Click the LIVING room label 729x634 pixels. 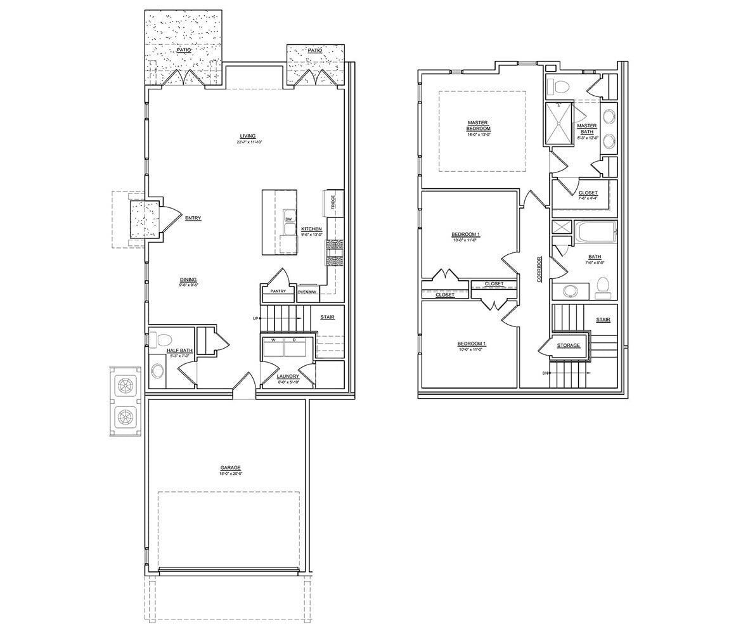(x=247, y=136)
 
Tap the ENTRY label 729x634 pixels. (x=193, y=219)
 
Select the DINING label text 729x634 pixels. (x=188, y=280)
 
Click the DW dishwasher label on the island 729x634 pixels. (x=288, y=219)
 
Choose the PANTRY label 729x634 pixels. (x=278, y=292)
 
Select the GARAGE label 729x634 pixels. (x=231, y=468)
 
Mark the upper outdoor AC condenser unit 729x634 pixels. (x=125, y=385)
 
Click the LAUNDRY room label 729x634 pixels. (x=288, y=377)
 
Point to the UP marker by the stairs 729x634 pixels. (x=255, y=318)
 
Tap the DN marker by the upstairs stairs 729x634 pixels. (x=545, y=373)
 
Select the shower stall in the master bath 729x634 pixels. (x=559, y=124)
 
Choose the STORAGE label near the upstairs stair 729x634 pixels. (x=568, y=346)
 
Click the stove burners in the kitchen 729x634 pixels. (x=335, y=252)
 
